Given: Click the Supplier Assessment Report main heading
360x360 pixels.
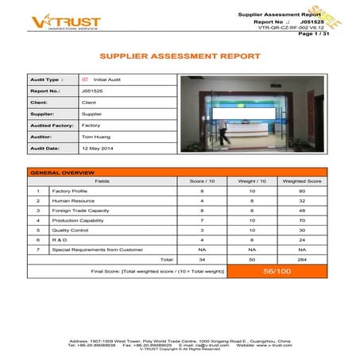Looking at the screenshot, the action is pyautogui.click(x=179, y=56).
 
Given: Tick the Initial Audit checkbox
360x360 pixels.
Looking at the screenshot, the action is pyautogui.click(x=84, y=79).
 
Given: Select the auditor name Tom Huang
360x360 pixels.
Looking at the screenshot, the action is pyautogui.click(x=95, y=137).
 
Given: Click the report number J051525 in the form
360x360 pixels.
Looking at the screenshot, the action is pyautogui.click(x=91, y=91).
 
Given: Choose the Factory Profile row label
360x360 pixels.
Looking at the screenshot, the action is pyautogui.click(x=70, y=192).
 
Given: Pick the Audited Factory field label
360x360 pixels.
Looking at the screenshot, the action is pyautogui.click(x=52, y=126).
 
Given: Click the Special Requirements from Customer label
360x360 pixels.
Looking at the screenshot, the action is pyautogui.click(x=97, y=249).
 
